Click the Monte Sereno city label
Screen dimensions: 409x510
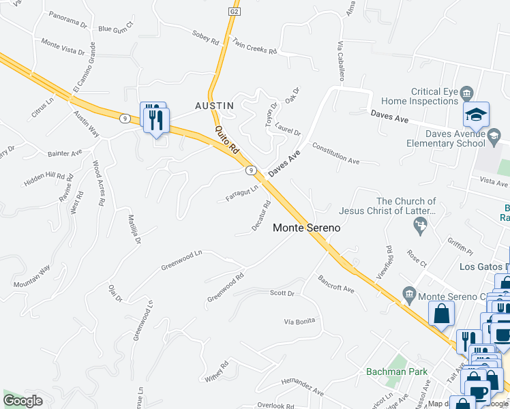click(x=306, y=228)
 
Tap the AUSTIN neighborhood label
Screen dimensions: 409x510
click(x=214, y=106)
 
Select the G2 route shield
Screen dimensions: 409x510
click(x=234, y=12)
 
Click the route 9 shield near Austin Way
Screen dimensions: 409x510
click(x=124, y=118)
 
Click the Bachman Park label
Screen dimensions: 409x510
click(x=396, y=372)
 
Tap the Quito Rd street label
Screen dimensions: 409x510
click(x=228, y=138)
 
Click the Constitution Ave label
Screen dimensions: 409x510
click(x=335, y=153)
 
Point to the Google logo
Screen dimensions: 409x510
click(x=23, y=401)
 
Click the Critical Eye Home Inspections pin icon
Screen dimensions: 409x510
click(x=467, y=92)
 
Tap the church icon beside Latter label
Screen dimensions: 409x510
click(x=422, y=224)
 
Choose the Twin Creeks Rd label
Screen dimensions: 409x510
click(x=254, y=46)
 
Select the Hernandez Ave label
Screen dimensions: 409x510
click(x=302, y=387)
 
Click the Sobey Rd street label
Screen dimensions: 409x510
click(x=205, y=37)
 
